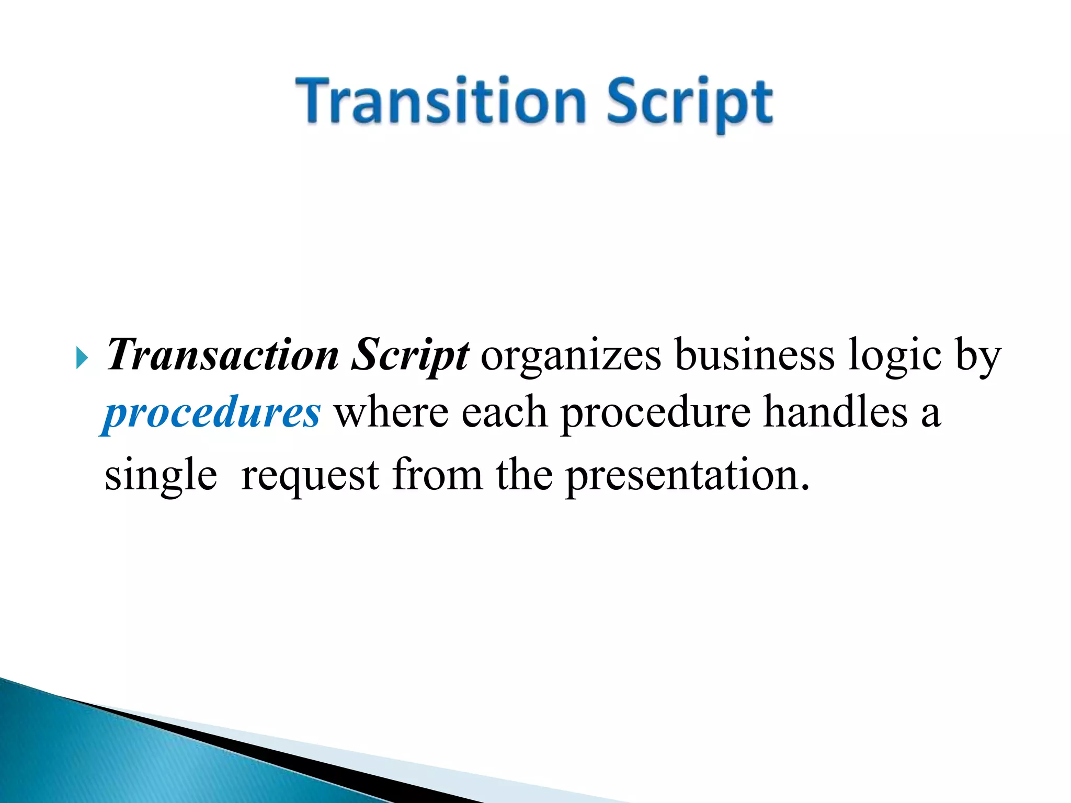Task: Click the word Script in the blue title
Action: click(x=689, y=102)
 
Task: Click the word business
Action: click(x=754, y=355)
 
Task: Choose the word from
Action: click(x=438, y=475)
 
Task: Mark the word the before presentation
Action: click(x=524, y=475)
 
